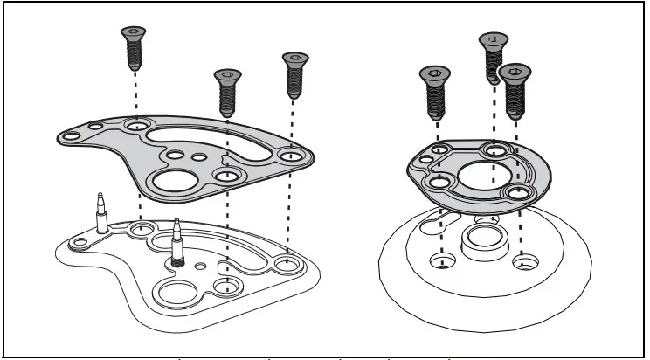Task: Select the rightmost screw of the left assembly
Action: (x=295, y=74)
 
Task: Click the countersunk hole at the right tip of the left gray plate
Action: (x=289, y=156)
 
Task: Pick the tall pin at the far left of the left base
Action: (x=101, y=213)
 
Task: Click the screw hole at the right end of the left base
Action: (x=286, y=262)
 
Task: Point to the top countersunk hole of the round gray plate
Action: (x=495, y=150)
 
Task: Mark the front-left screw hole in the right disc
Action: (x=443, y=261)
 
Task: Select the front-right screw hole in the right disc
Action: (x=524, y=261)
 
